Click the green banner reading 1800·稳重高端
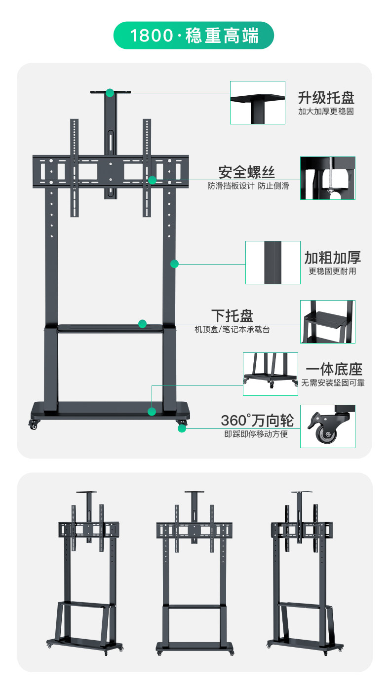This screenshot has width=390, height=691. [194, 36]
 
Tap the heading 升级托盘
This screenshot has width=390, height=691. [326, 97]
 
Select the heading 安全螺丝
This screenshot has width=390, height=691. [247, 172]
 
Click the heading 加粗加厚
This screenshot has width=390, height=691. [332, 257]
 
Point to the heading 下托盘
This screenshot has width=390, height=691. [232, 315]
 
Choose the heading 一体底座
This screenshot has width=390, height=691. [334, 369]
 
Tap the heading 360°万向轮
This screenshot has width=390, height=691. [257, 421]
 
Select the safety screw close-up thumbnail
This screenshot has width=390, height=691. [327, 178]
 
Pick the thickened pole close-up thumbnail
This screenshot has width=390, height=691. [273, 262]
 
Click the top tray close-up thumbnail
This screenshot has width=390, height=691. [258, 102]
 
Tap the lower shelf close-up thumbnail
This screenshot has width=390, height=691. [327, 321]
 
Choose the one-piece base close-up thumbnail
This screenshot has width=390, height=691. [270, 374]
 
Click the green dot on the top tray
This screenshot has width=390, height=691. [110, 92]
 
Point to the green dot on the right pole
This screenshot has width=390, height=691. [174, 264]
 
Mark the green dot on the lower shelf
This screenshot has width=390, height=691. [143, 324]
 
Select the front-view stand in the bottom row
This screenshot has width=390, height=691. [194, 573]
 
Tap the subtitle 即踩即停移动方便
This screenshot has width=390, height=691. [256, 434]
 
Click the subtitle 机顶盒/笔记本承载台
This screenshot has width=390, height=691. [232, 329]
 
